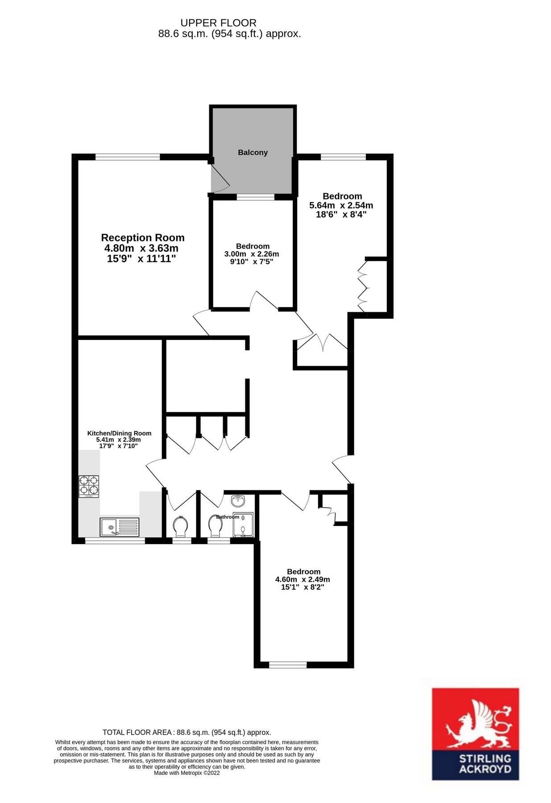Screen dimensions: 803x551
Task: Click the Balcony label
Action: tap(253, 153)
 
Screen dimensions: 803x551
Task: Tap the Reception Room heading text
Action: tap(143, 237)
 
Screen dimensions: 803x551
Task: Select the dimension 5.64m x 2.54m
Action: tap(341, 206)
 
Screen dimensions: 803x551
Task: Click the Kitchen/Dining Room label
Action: tap(119, 433)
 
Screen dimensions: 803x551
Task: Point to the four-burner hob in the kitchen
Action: tap(89, 487)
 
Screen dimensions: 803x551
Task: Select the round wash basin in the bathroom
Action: tap(238, 501)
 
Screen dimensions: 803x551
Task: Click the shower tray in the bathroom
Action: tap(243, 525)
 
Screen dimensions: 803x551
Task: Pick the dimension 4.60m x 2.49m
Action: tap(302, 579)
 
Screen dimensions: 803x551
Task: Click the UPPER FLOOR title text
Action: tap(218, 23)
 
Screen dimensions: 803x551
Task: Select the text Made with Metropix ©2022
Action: tap(186, 773)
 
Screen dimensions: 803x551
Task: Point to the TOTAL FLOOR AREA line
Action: tap(186, 732)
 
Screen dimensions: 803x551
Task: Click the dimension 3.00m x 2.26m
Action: tap(252, 254)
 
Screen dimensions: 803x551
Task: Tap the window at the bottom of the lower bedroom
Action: tap(288, 665)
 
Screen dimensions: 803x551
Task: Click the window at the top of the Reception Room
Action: tap(128, 157)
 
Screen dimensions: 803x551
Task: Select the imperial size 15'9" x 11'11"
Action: tap(141, 259)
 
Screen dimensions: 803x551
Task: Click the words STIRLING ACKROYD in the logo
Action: tap(476, 764)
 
